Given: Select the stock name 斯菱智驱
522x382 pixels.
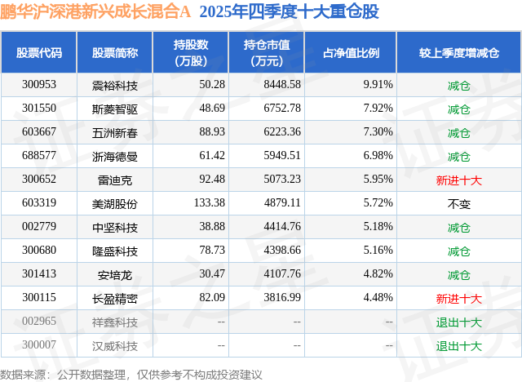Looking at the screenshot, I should point(114,108).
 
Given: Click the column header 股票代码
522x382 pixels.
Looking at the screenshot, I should point(39,52).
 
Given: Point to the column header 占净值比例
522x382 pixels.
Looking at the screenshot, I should point(357,52).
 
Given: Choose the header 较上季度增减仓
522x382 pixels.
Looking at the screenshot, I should point(458,52).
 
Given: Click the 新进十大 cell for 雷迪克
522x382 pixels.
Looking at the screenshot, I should point(458,180).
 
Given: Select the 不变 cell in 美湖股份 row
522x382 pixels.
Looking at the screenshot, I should point(458,203).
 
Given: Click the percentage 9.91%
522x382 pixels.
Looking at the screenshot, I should point(378,84).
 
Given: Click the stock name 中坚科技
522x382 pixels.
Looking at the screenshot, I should point(114,227).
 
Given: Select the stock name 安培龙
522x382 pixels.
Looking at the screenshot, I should point(114,275).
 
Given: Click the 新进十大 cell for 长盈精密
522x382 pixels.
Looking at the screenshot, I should point(458,299).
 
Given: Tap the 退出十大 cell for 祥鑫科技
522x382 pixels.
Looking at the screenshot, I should point(458,322).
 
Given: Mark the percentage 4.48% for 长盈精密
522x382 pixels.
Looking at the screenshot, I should point(378,299).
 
